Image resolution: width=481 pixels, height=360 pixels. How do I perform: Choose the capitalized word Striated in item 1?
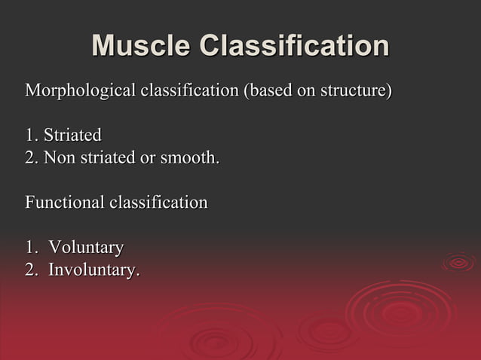click(72, 136)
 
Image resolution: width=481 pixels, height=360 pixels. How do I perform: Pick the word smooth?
click(189, 158)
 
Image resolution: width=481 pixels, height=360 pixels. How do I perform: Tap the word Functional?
click(65, 203)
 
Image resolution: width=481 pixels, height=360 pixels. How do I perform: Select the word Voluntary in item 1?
click(86, 247)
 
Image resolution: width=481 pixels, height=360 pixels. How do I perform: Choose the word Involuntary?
click(94, 269)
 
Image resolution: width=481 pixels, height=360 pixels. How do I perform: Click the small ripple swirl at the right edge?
click(458, 262)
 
